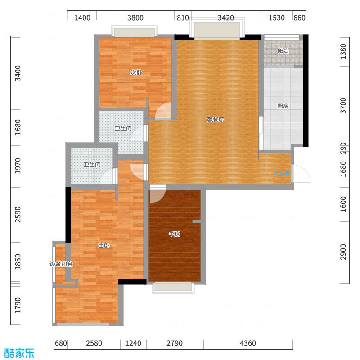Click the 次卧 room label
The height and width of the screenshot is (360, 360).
(x=136, y=72)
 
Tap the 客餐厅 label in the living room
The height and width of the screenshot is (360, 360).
(x=215, y=120)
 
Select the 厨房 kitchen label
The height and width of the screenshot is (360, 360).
(x=283, y=107)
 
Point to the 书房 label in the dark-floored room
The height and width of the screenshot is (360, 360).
(x=175, y=234)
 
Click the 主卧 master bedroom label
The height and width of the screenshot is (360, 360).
(x=104, y=246)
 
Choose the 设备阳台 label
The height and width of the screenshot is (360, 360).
(x=61, y=264)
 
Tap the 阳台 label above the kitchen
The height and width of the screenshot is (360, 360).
(x=283, y=51)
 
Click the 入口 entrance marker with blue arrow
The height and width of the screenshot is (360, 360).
(x=282, y=173)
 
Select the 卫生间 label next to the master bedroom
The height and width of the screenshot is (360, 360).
(x=91, y=165)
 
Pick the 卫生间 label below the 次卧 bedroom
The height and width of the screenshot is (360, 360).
(x=123, y=129)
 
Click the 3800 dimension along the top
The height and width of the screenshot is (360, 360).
(x=135, y=18)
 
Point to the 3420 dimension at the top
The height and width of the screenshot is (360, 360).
(x=226, y=18)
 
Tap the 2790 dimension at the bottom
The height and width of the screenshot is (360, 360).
(x=174, y=343)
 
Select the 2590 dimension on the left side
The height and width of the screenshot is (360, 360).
(x=18, y=215)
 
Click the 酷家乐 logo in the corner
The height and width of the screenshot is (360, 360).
(x=19, y=353)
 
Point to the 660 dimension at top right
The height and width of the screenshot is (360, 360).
(x=299, y=18)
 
